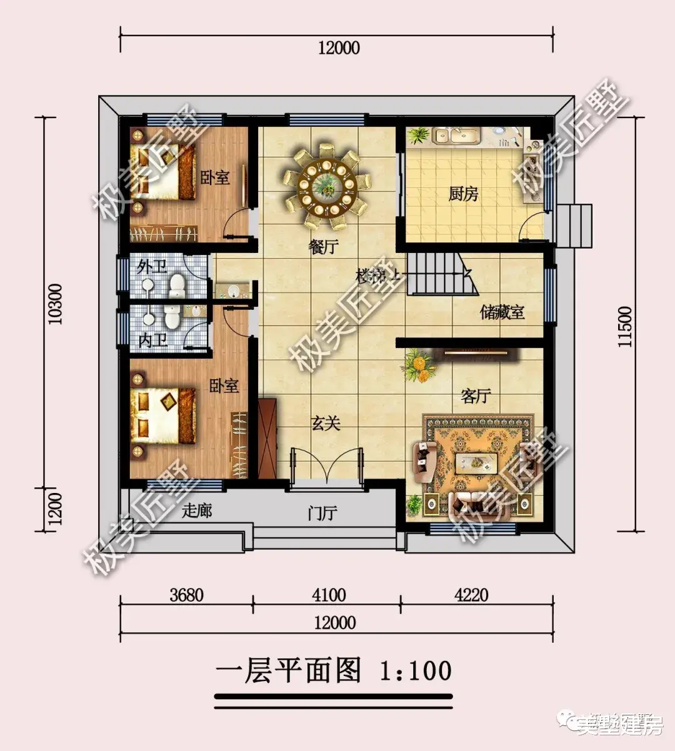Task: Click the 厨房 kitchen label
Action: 463,194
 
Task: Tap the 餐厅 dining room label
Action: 323,247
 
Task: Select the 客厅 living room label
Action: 476,395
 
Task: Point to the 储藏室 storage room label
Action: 502,312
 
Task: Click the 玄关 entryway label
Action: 326,424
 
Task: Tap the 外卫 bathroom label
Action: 152,267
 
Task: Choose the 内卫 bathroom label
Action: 152,341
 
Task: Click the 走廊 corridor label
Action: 197,510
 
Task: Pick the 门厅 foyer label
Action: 323,514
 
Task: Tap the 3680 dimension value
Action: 186,595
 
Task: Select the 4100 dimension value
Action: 329,595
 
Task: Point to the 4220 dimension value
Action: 471,595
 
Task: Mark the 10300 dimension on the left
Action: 56,304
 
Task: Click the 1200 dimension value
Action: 56,509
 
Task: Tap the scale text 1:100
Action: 416,670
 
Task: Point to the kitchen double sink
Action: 456,135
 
